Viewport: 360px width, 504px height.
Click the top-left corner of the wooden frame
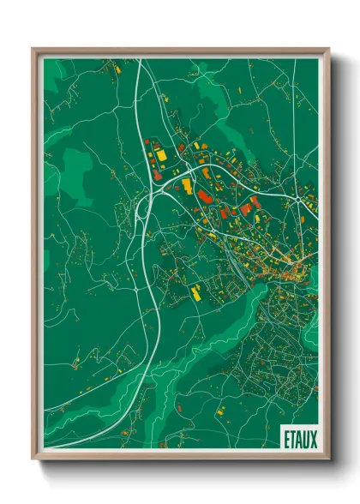point(33,48)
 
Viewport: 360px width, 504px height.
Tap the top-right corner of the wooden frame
point(329,48)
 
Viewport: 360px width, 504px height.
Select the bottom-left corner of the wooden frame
point(33,458)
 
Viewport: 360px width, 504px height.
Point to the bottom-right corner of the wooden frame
point(329,458)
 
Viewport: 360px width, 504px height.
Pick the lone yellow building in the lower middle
point(195,293)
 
